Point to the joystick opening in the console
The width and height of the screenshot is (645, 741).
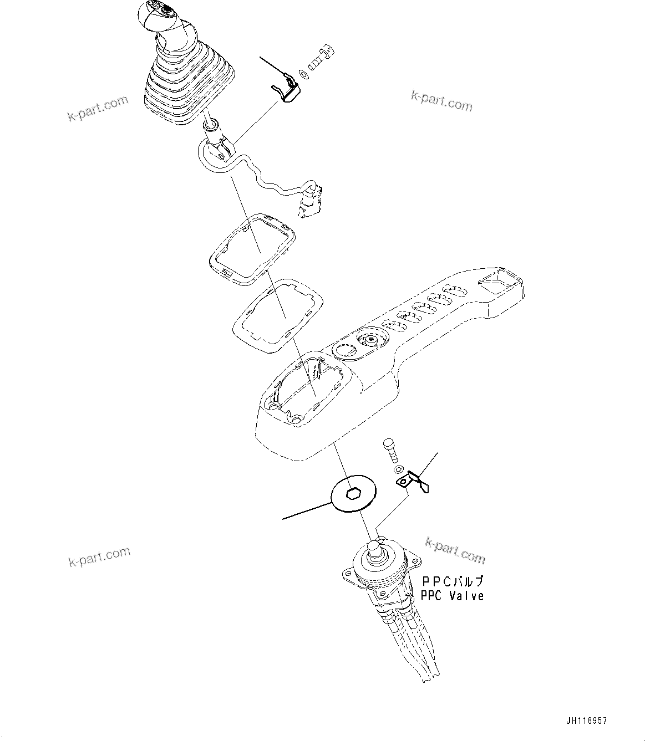pyautogui.click(x=308, y=386)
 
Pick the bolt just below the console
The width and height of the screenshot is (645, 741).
pyautogui.click(x=391, y=449)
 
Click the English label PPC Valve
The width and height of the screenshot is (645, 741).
pyautogui.click(x=452, y=596)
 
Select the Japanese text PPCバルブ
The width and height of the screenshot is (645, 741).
pyautogui.click(x=453, y=581)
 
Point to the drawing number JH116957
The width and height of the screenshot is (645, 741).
pyautogui.click(x=586, y=721)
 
